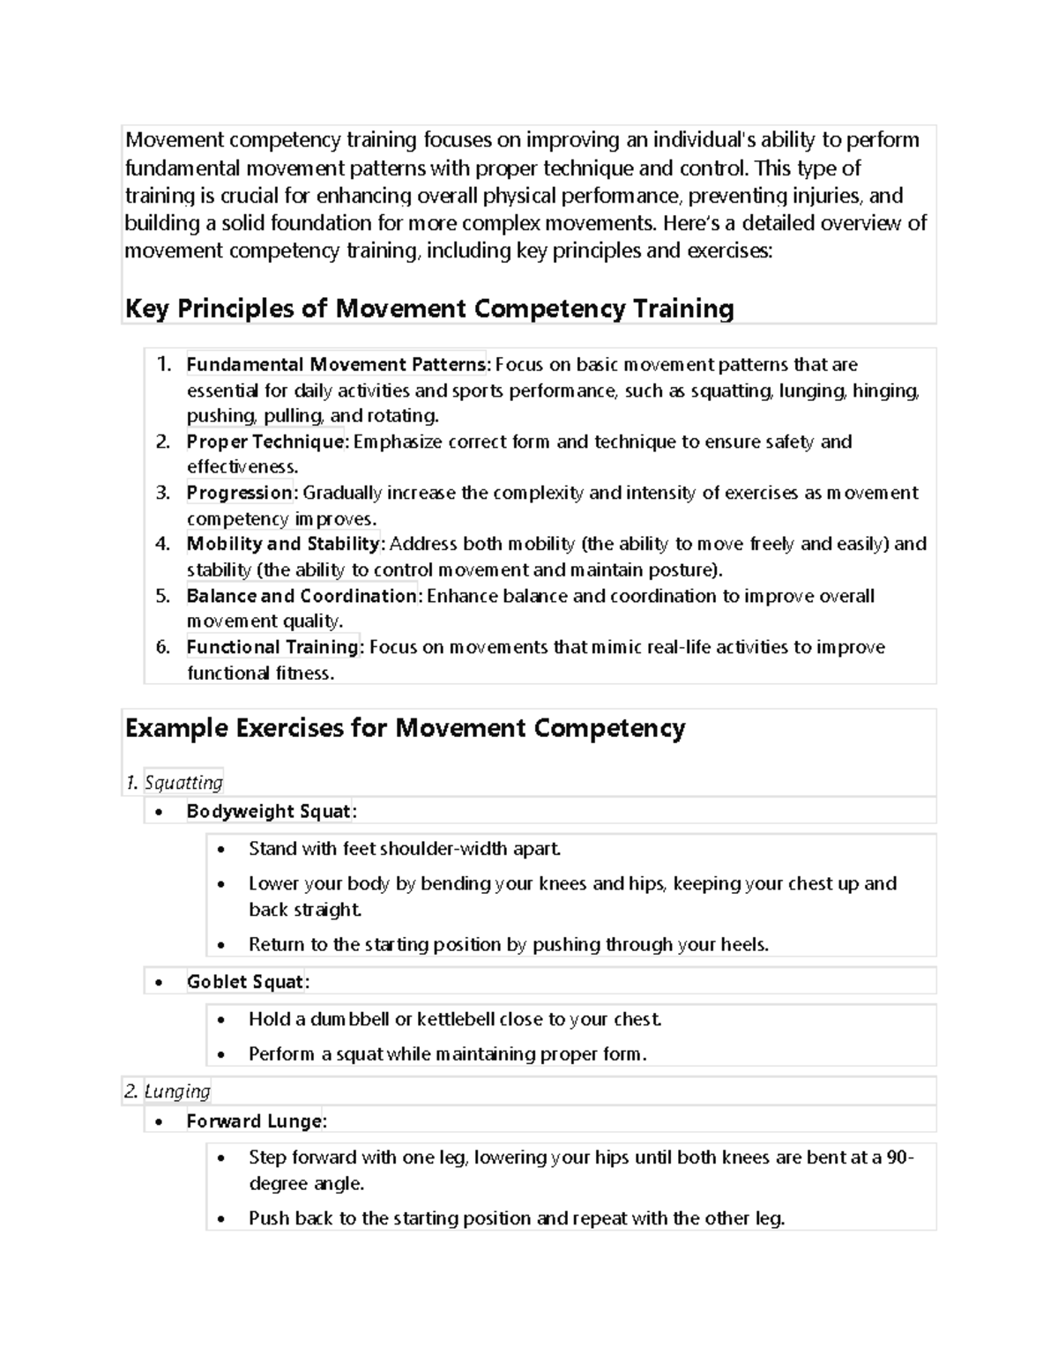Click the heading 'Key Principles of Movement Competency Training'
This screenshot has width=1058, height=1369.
tap(429, 309)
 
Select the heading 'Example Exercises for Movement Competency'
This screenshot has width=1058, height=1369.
tap(405, 728)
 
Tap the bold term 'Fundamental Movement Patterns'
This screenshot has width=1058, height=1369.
tap(335, 364)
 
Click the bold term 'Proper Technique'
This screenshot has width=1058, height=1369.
tap(266, 442)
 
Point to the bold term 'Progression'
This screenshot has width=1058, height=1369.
tap(241, 493)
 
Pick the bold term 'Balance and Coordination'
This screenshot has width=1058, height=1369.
tap(302, 596)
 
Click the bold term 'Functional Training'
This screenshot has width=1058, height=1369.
tap(272, 647)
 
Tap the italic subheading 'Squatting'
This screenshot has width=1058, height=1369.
tap(183, 783)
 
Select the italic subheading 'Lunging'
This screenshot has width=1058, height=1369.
tap(177, 1091)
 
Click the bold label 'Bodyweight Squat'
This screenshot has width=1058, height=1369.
tap(269, 811)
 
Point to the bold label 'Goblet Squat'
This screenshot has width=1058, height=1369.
tap(246, 982)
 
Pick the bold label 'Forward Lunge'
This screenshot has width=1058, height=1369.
tap(255, 1121)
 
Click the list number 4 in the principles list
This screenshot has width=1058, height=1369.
tap(162, 544)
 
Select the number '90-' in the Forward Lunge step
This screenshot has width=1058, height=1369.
tap(899, 1157)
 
